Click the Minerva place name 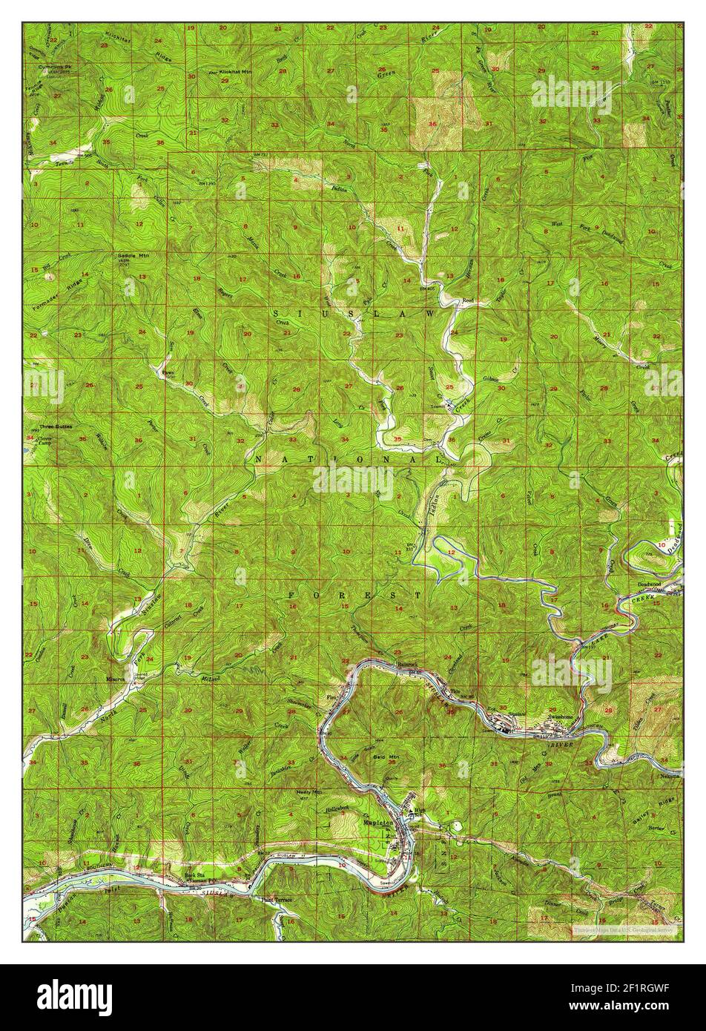(x=118, y=678)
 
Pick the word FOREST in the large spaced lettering (x=354, y=595)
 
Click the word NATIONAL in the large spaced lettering (x=349, y=460)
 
